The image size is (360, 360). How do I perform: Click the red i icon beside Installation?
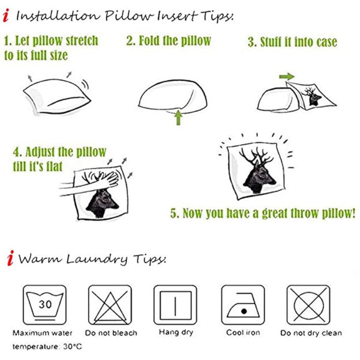pyautogui.click(x=6, y=16)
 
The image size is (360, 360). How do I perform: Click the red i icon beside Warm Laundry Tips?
pyautogui.click(x=10, y=258)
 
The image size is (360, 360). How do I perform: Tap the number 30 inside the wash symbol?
pyautogui.click(x=45, y=304)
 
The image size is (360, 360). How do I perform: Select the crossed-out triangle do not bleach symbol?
pyautogui.click(x=110, y=305)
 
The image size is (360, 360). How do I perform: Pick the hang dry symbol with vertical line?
pyautogui.click(x=175, y=305)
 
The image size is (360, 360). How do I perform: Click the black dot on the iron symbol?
pyautogui.click(x=244, y=311)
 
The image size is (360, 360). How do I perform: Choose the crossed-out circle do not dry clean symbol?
pyautogui.click(x=308, y=305)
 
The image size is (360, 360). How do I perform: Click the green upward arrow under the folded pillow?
pyautogui.click(x=178, y=118)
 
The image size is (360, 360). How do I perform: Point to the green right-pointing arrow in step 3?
pyautogui.click(x=287, y=76)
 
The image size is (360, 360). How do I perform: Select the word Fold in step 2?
pyautogui.click(x=149, y=41)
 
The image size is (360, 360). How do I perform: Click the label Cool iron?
pyautogui.click(x=243, y=332)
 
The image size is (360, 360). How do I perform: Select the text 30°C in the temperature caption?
pyautogui.click(x=73, y=346)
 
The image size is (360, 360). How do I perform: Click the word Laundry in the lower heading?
pyautogui.click(x=97, y=259)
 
